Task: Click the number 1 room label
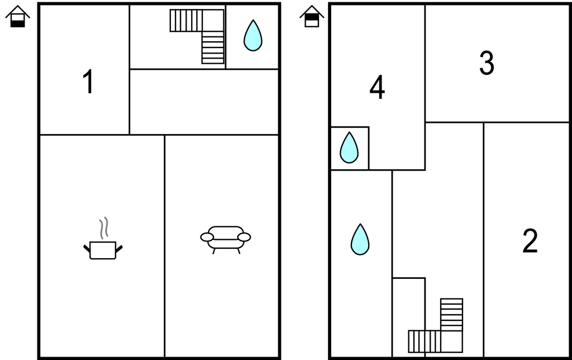[88, 82]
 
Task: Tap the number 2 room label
[530, 241]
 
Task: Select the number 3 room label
[487, 64]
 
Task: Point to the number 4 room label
[377, 88]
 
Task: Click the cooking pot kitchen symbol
[103, 249]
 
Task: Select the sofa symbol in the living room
[225, 238]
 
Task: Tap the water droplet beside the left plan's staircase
[252, 36]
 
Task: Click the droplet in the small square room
[349, 148]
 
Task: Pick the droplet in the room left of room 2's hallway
[360, 239]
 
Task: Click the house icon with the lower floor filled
[18, 17]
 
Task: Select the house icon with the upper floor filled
[311, 17]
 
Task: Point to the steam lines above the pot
[103, 228]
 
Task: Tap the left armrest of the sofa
[207, 238]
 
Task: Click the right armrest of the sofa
[244, 237]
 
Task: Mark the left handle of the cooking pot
[87, 248]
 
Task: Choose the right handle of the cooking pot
[119, 248]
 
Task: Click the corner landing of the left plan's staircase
[213, 21]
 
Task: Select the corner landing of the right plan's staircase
[451, 341]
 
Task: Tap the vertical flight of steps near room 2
[451, 314]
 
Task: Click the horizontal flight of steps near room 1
[185, 21]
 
